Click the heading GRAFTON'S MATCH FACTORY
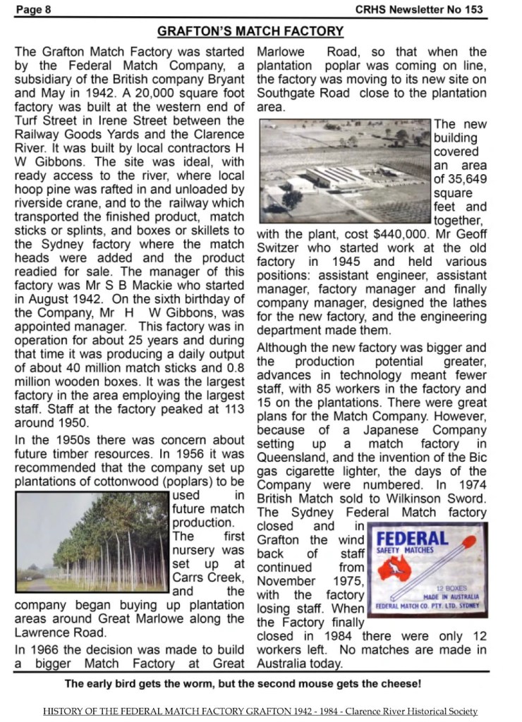[250, 32]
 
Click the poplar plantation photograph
[92, 541]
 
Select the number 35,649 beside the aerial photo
[460, 179]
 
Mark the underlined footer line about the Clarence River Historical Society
[260, 711]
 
